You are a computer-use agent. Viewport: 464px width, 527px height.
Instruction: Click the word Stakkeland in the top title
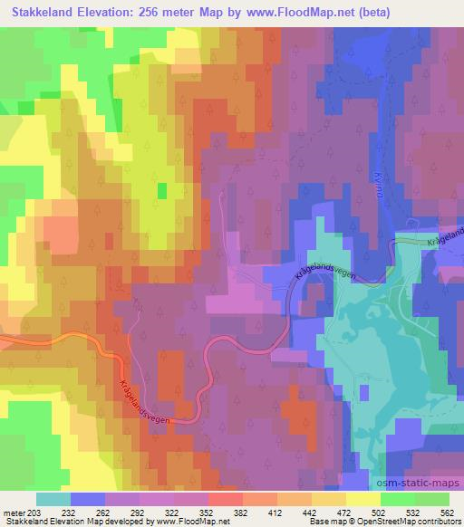point(44,13)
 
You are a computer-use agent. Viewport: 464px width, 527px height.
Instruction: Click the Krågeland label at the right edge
point(446,236)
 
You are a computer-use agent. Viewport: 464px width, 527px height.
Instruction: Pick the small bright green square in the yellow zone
point(162,190)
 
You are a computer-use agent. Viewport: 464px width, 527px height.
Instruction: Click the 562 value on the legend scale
point(446,512)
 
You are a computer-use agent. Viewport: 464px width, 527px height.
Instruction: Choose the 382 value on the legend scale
point(241,512)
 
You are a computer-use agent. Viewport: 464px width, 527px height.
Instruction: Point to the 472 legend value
point(344,512)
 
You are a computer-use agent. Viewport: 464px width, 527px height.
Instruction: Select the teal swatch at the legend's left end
point(53,499)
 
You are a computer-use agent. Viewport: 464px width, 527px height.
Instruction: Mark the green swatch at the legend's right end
point(431,499)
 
